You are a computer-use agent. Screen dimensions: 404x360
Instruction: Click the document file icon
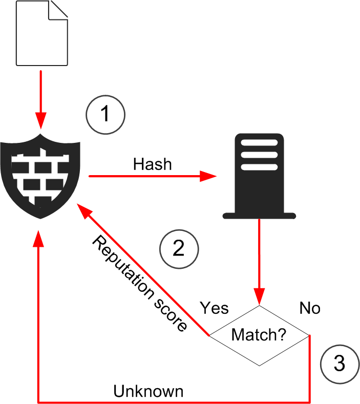(42, 33)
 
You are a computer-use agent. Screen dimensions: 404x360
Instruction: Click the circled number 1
(105, 114)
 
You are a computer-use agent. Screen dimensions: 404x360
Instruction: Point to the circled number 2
(179, 248)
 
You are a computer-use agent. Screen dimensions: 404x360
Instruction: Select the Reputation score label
(138, 284)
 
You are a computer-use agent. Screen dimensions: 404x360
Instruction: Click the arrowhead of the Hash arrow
(209, 177)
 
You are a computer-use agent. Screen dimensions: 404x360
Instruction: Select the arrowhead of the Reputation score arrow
(82, 207)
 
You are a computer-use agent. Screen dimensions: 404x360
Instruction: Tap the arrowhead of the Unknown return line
(39, 237)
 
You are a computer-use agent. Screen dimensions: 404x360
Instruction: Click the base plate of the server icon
(259, 215)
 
